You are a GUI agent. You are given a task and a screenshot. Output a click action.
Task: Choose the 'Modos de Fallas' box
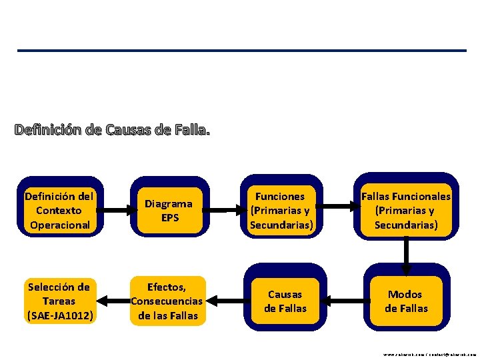(406, 301)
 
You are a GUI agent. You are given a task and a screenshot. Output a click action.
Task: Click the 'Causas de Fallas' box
(285, 301)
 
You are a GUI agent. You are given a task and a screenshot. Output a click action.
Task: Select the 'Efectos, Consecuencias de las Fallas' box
(167, 301)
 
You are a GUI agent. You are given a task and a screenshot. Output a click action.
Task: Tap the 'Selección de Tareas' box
(59, 301)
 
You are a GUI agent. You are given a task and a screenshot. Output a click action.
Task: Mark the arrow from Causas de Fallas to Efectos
(227, 301)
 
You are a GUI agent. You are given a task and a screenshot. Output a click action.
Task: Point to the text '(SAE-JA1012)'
(59, 315)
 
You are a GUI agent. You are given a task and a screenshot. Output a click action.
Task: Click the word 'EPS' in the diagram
(170, 217)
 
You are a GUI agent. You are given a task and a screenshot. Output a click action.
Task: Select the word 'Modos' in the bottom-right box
(405, 295)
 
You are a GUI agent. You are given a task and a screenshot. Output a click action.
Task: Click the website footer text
(429, 355)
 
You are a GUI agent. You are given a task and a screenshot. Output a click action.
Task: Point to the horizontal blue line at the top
(241, 51)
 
